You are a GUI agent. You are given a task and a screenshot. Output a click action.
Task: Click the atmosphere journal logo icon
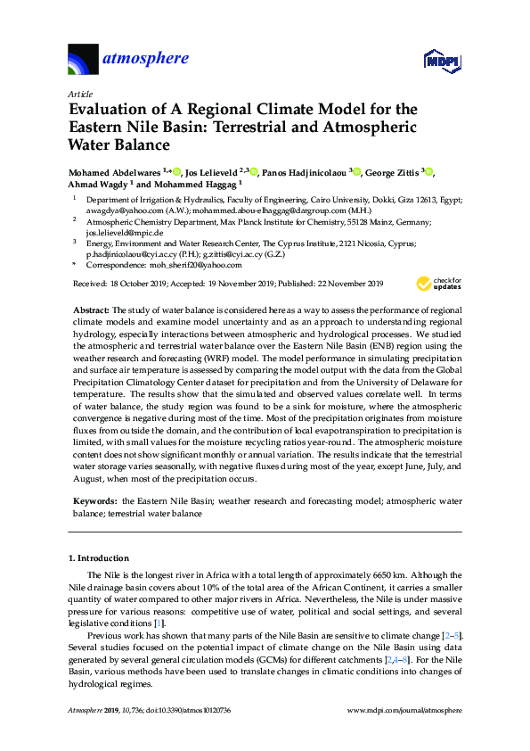[x=84, y=59]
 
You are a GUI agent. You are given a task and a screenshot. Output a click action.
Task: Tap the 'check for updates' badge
[x=439, y=284]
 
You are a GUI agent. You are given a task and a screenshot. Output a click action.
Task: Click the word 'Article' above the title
[x=80, y=94]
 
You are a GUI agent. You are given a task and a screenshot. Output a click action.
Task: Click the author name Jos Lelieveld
[x=216, y=171]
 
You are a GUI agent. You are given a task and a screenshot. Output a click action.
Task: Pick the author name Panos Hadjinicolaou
[x=305, y=171]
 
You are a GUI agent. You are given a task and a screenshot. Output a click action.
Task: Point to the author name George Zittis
[x=394, y=171]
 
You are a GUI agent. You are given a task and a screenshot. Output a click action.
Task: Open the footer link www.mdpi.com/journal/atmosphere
[x=404, y=710]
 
